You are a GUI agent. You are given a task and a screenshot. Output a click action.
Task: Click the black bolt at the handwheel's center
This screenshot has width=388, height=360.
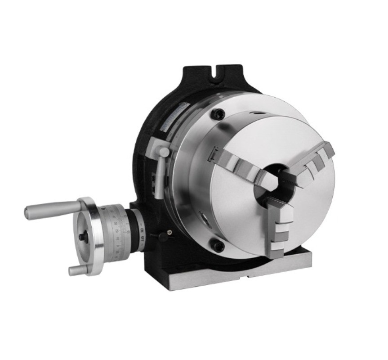[82, 236]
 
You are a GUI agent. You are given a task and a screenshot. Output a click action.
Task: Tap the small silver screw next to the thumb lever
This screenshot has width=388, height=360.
[169, 232]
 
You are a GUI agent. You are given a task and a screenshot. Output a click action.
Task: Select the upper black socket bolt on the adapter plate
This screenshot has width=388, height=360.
[219, 115]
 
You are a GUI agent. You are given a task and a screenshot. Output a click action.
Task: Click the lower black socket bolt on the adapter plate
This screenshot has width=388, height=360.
[218, 246]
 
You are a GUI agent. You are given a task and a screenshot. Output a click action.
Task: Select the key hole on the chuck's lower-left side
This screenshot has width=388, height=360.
[203, 220]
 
